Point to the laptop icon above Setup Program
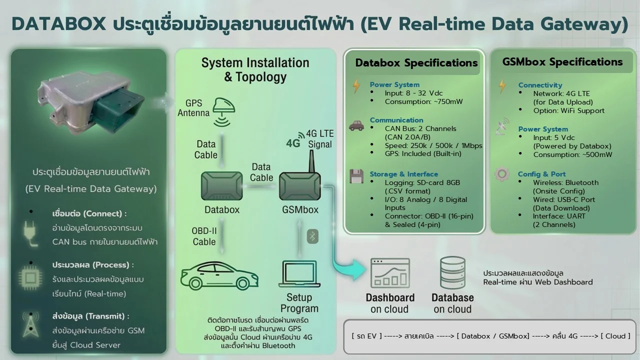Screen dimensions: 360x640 tap(299, 274)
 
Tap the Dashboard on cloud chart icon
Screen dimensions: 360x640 tap(390, 274)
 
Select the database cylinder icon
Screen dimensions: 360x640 tap(452, 274)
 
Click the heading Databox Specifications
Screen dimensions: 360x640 tap(416, 63)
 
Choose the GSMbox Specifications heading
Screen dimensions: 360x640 tap(562, 62)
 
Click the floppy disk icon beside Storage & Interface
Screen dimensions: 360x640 tap(356, 176)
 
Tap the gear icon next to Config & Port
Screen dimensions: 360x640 tap(501, 174)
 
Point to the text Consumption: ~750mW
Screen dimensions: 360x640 tap(423, 101)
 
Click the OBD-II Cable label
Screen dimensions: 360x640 tap(204, 236)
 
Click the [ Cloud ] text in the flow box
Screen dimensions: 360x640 tap(615, 336)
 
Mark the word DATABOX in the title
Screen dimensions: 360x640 tap(58, 24)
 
